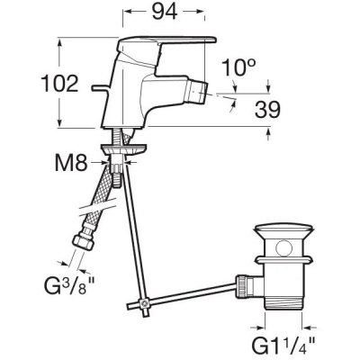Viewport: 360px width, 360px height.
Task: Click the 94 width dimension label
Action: click(165, 12)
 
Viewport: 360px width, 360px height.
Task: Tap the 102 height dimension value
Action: click(59, 84)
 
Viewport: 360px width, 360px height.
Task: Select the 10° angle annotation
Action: click(238, 67)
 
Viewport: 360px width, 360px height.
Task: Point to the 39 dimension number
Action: click(267, 110)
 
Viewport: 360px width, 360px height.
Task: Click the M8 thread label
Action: click(71, 163)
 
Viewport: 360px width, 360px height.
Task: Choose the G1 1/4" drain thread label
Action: click(283, 346)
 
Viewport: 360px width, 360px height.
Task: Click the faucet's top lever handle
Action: click(166, 44)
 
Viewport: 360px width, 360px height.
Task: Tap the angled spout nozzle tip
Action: click(197, 92)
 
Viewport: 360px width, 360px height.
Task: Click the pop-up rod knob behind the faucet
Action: click(99, 88)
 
